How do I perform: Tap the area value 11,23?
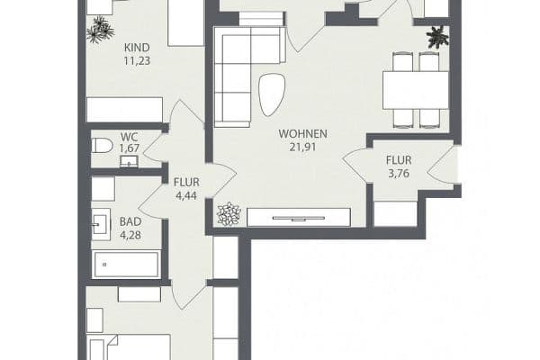click(136, 63)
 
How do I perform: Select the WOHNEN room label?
click(302, 135)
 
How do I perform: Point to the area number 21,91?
click(302, 148)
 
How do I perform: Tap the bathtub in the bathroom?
click(127, 265)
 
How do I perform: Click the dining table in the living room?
click(415, 89)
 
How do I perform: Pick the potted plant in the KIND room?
click(96, 31)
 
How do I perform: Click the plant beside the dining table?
click(437, 38)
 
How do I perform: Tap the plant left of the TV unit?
click(229, 214)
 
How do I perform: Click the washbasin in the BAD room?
click(101, 224)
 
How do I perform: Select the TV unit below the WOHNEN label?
click(298, 216)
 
